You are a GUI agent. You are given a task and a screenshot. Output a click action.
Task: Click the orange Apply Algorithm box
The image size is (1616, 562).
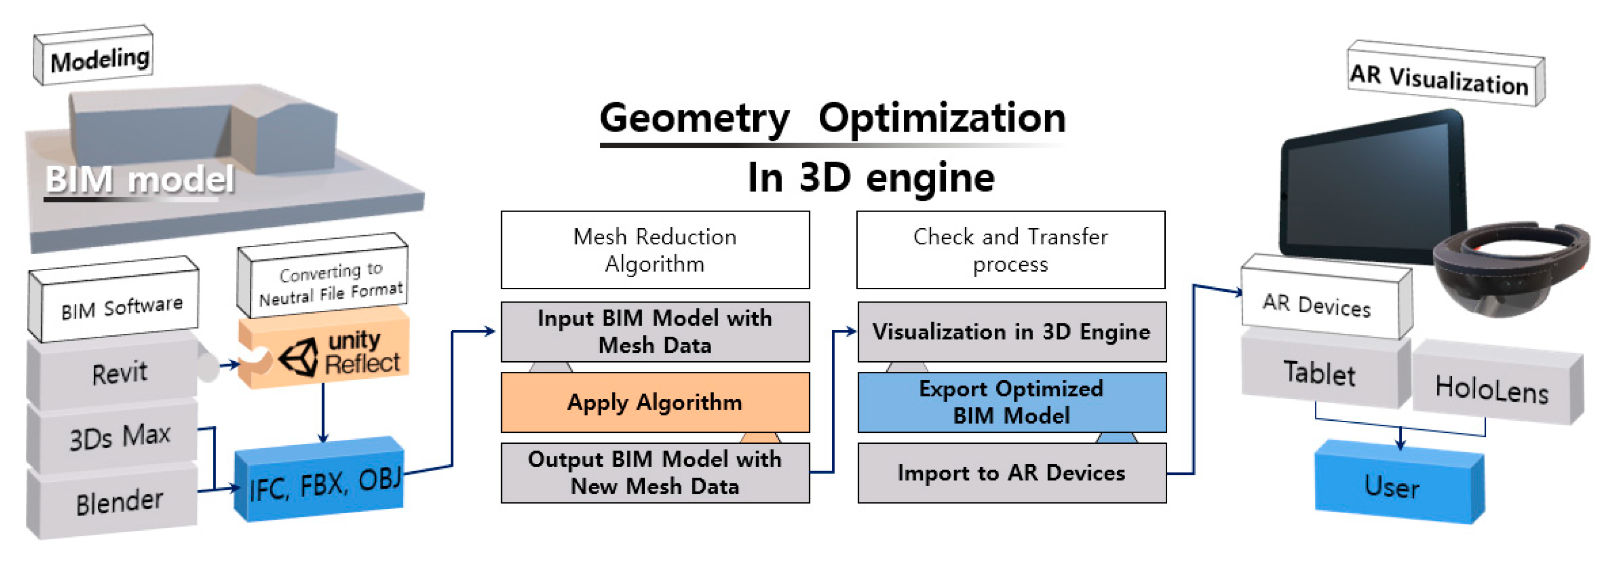pos(655,402)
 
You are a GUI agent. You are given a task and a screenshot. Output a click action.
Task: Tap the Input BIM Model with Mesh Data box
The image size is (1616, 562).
pos(655,332)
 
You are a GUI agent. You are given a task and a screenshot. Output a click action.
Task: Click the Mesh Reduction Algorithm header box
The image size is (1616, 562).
pos(655,250)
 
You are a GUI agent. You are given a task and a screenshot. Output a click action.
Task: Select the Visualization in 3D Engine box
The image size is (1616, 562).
pos(1011,332)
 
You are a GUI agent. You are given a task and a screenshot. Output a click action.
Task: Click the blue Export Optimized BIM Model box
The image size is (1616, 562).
pos(1011,402)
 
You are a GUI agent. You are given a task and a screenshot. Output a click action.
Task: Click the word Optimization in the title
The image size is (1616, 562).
pos(941,118)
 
